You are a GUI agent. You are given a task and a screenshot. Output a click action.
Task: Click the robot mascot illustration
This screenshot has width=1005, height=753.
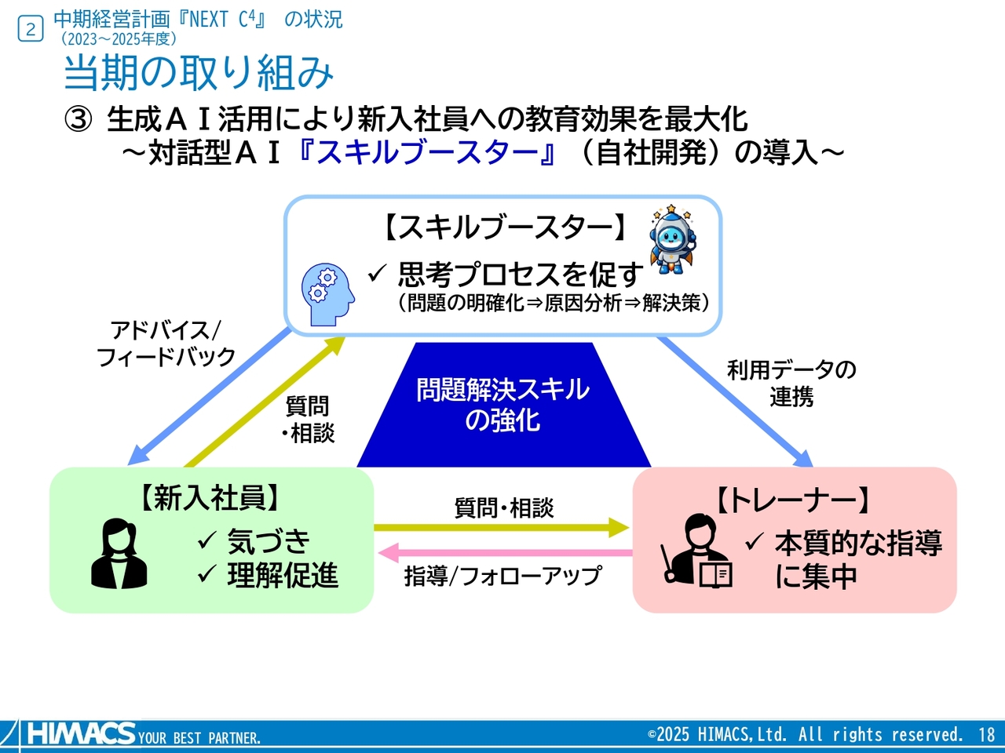[x=672, y=240]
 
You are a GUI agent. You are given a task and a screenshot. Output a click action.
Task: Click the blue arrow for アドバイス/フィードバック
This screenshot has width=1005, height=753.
[x=210, y=397]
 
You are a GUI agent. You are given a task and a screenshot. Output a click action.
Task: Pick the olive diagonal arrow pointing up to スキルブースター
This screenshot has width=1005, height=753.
[x=265, y=401]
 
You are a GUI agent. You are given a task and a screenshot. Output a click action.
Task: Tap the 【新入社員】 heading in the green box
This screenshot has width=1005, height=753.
[x=210, y=497]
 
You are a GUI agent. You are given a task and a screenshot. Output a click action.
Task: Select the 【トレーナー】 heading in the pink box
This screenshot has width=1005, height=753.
[x=794, y=500]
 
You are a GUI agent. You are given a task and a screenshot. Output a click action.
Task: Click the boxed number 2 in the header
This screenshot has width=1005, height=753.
[x=31, y=30]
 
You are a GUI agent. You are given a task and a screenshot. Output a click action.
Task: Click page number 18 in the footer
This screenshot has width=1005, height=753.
[x=986, y=735]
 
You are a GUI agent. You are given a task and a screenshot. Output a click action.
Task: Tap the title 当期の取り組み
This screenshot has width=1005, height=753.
[x=199, y=73]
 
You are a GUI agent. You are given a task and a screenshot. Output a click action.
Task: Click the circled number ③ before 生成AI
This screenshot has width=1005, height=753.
[x=78, y=120]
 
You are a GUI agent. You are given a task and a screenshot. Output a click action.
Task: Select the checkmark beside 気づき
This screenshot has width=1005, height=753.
[x=206, y=540]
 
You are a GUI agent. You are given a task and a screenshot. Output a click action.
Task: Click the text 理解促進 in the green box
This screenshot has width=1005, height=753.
[x=283, y=576]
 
